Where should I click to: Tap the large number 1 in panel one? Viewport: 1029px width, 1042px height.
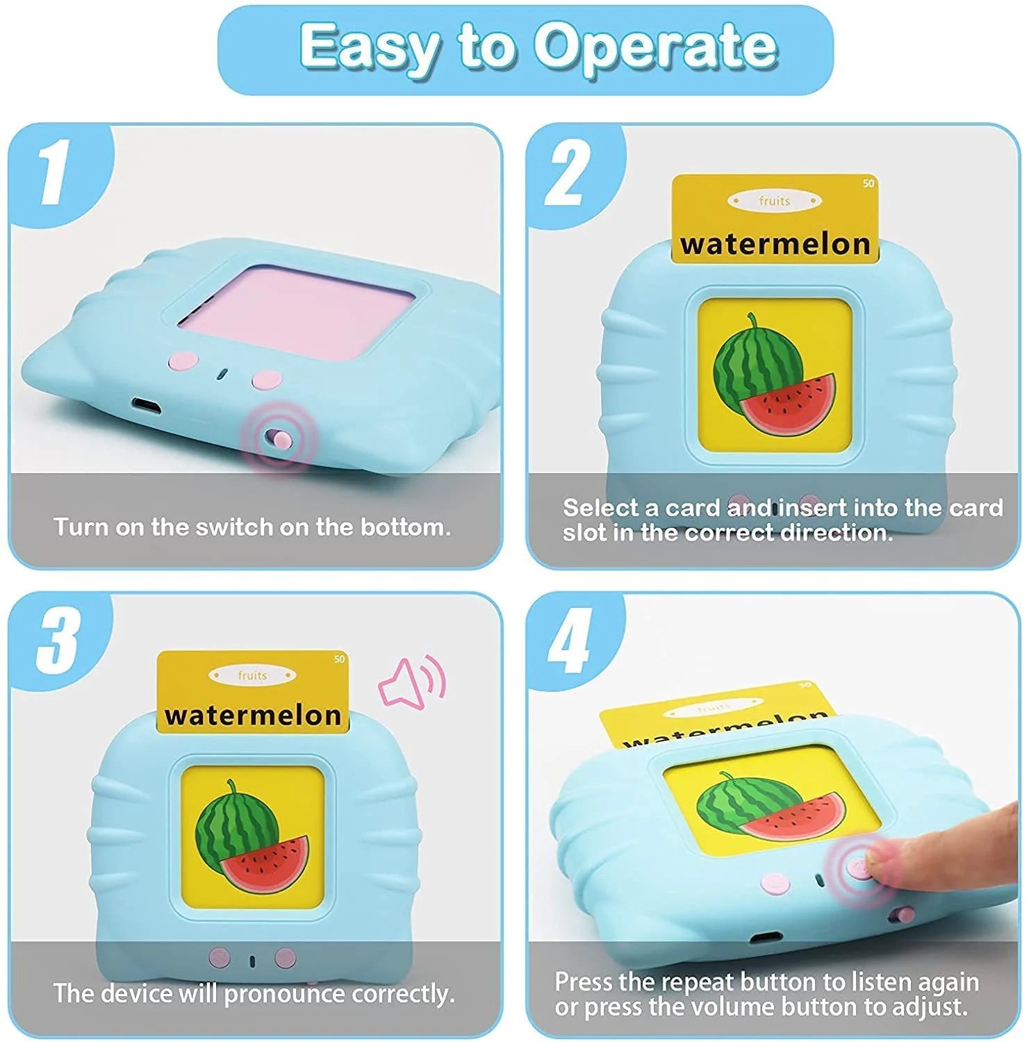pos(54,171)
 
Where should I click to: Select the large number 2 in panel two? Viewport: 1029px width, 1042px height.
pos(568,171)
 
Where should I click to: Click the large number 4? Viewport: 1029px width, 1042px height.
pos(570,640)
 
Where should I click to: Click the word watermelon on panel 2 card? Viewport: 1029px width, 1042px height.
pos(775,245)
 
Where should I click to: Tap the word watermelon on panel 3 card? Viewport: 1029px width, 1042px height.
pos(253,715)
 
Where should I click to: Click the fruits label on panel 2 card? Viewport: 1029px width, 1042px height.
pos(774,201)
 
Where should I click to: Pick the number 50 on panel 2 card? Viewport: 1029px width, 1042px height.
pos(868,183)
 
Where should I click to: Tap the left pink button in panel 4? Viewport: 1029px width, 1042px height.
pos(775,884)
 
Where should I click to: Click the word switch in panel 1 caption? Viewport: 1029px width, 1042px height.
pos(234,527)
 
